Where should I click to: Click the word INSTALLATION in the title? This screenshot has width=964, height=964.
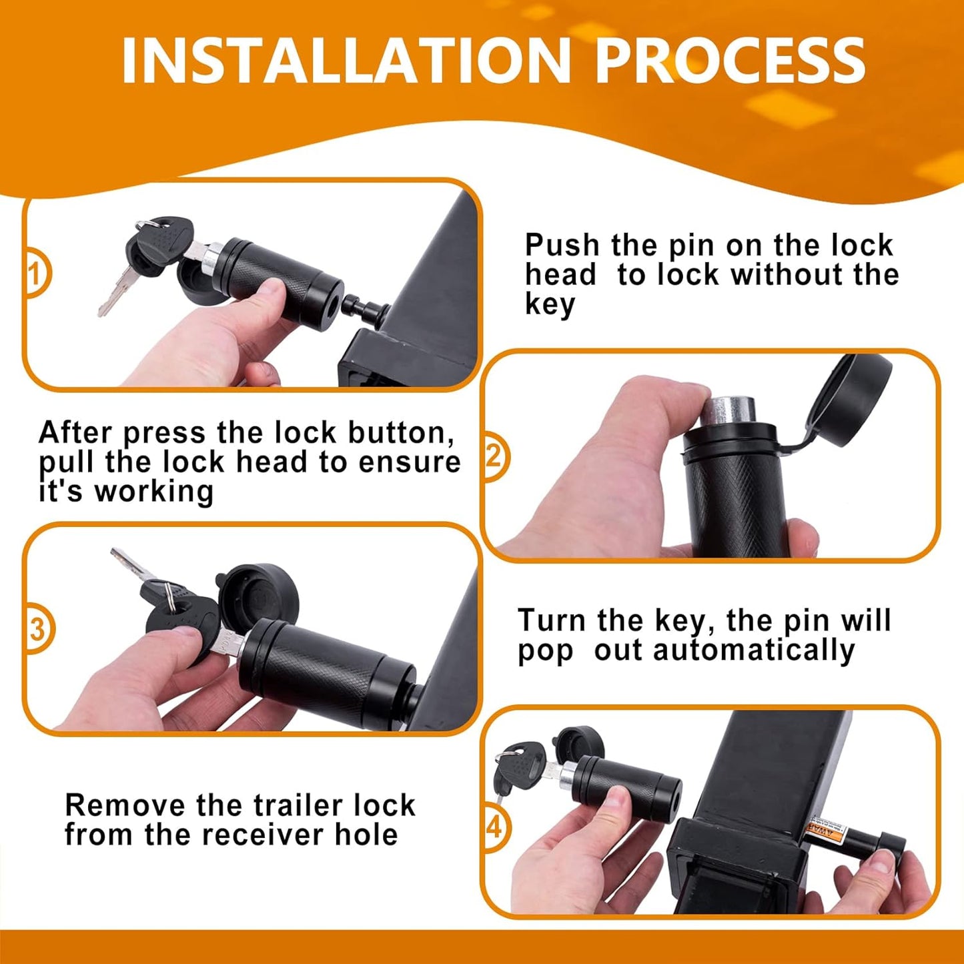tap(346, 61)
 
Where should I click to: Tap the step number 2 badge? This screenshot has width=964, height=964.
tap(494, 456)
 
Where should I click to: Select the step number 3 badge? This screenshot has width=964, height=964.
tap(37, 629)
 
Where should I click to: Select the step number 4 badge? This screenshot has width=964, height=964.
tap(494, 827)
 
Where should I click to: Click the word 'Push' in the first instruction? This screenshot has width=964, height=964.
tap(562, 246)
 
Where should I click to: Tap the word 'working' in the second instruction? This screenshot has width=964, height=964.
tap(153, 492)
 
